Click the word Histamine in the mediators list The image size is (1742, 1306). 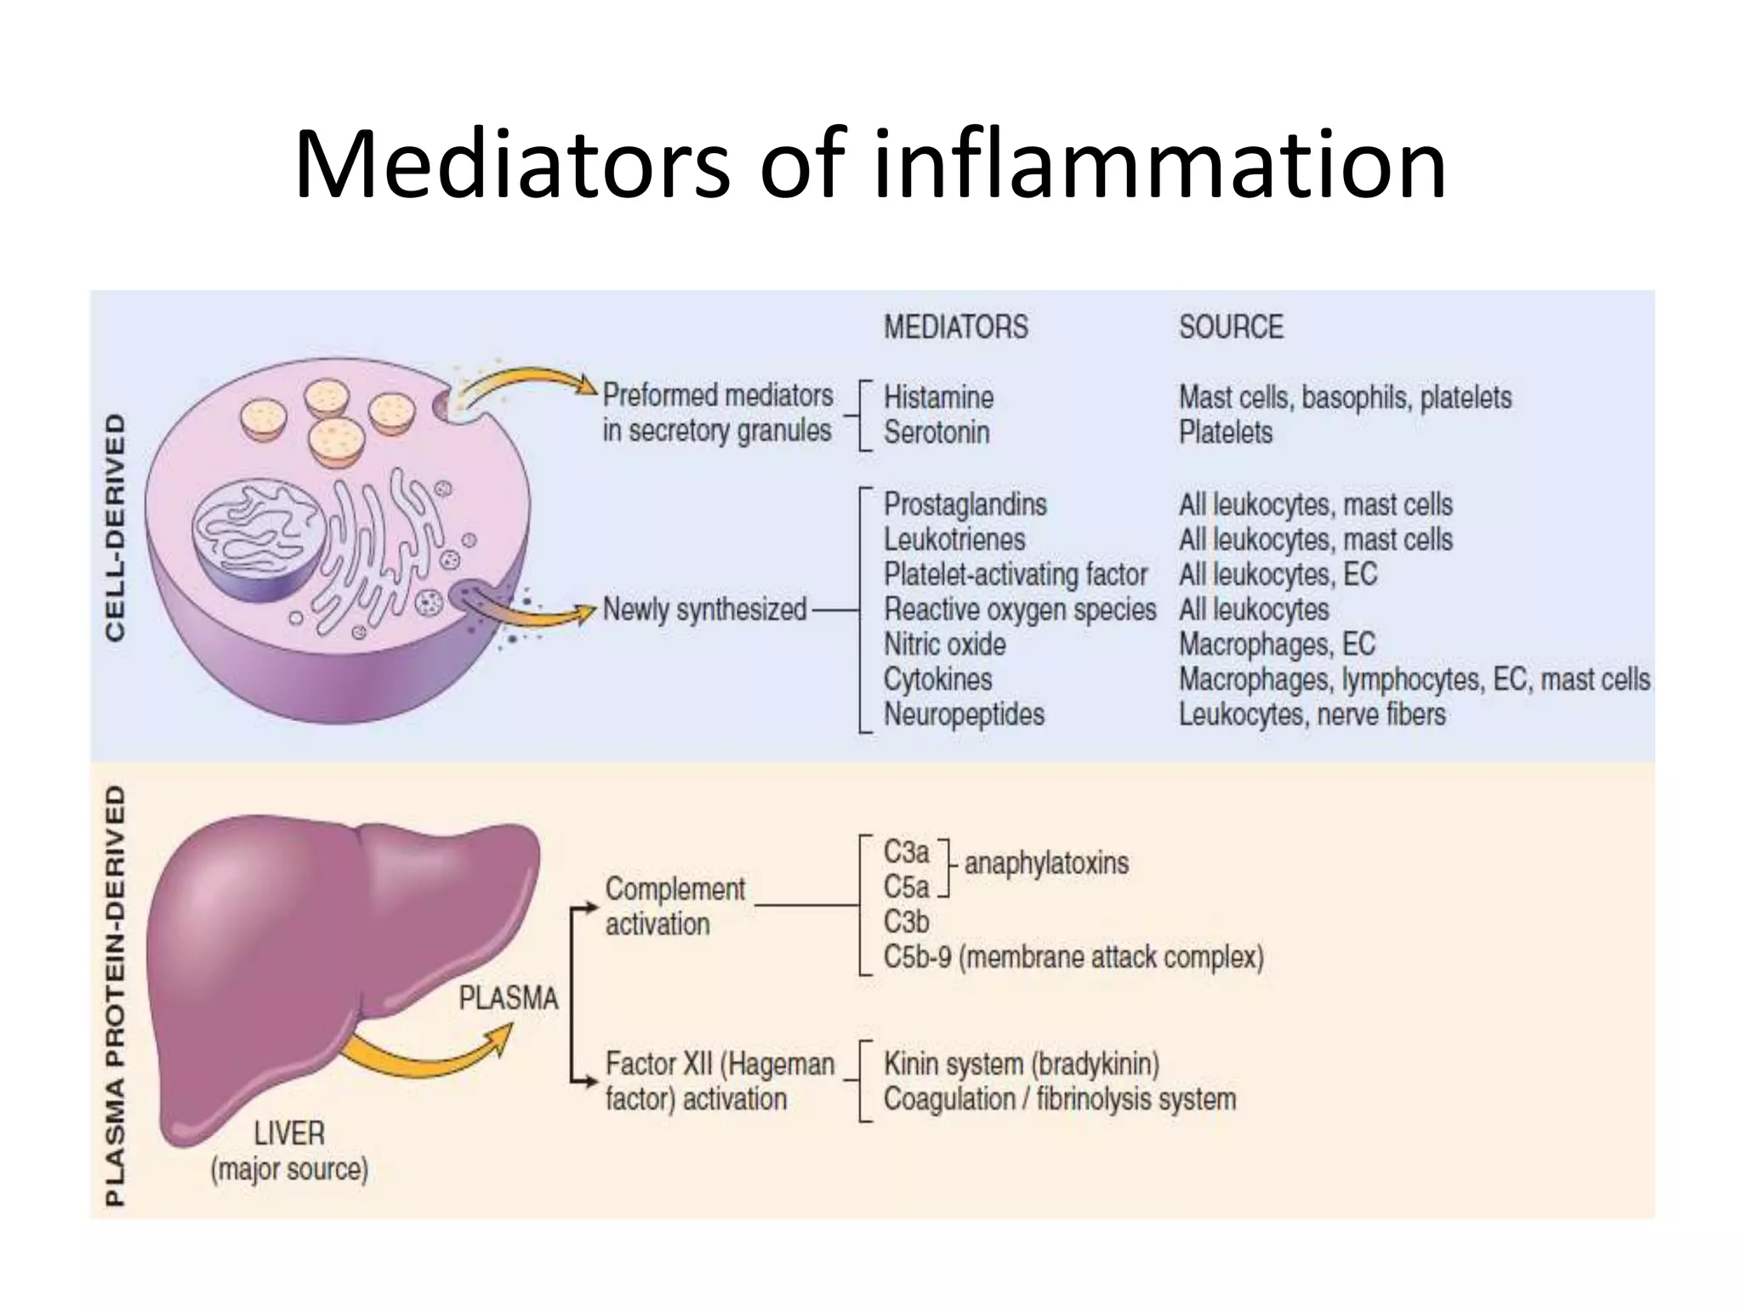938,397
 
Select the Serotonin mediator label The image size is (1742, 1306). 936,433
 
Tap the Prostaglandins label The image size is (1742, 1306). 965,504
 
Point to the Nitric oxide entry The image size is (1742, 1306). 944,644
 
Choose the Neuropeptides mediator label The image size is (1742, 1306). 964,714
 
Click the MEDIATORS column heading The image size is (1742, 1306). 955,327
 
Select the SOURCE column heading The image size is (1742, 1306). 1231,327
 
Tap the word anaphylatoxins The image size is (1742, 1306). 1046,864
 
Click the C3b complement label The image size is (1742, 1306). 906,922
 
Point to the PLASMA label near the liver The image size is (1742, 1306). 509,997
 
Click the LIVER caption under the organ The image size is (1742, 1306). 289,1133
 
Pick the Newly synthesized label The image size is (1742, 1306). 704,610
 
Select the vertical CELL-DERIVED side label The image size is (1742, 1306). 115,527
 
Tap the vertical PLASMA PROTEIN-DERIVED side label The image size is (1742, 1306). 115,995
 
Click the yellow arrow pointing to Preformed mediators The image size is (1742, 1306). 527,382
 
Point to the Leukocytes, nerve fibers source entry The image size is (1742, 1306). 1312,714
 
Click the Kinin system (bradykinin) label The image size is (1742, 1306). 1021,1064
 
